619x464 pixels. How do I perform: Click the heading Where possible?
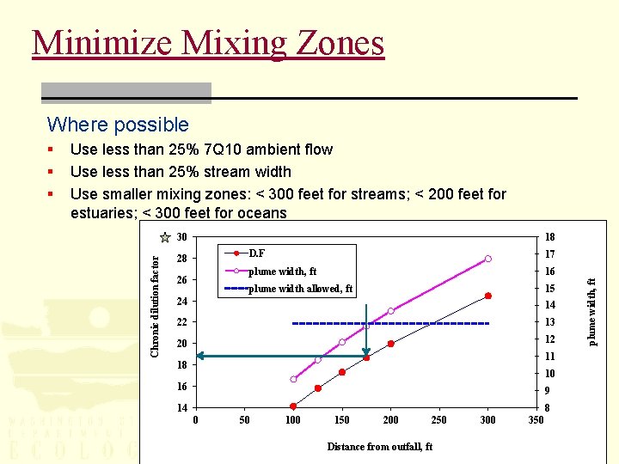coord(118,125)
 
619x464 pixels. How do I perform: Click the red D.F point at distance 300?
coord(487,296)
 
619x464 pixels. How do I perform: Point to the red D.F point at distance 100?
coord(293,406)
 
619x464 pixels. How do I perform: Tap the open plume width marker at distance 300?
coord(487,259)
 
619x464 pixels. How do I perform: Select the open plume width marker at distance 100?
coord(293,379)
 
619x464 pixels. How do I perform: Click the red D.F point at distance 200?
coord(390,344)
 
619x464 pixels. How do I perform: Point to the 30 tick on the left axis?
coord(181,238)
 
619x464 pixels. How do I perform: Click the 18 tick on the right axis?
coord(550,238)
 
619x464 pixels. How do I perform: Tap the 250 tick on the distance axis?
coord(439,420)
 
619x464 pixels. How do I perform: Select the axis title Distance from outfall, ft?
coord(379,447)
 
